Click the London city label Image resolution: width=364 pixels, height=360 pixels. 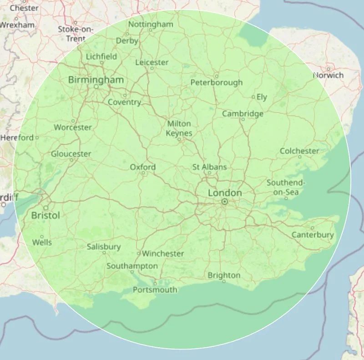(x=225, y=193)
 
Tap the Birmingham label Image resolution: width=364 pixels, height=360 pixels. (x=96, y=80)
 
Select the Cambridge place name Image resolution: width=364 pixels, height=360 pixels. (x=243, y=113)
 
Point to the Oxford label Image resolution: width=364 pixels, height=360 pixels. (x=143, y=167)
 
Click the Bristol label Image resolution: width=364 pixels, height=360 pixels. (x=45, y=215)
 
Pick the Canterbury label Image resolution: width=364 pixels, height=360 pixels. (x=313, y=235)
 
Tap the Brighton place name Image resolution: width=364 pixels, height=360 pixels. (x=224, y=275)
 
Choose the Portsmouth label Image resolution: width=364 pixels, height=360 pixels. (x=155, y=289)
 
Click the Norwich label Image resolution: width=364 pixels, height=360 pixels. (x=328, y=75)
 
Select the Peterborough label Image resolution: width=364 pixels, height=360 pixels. (x=217, y=82)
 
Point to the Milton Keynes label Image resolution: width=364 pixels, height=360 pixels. (x=179, y=128)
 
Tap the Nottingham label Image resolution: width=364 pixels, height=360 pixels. (x=151, y=24)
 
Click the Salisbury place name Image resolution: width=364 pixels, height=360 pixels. (x=104, y=247)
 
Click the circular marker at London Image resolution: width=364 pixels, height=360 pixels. (x=225, y=201)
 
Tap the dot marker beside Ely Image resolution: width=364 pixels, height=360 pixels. (x=253, y=97)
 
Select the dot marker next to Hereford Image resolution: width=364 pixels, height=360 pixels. (x=37, y=137)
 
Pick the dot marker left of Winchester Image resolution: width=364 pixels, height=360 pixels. (x=139, y=253)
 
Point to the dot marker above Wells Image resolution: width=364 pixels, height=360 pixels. (x=42, y=236)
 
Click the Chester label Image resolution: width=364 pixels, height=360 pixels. (x=24, y=7)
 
